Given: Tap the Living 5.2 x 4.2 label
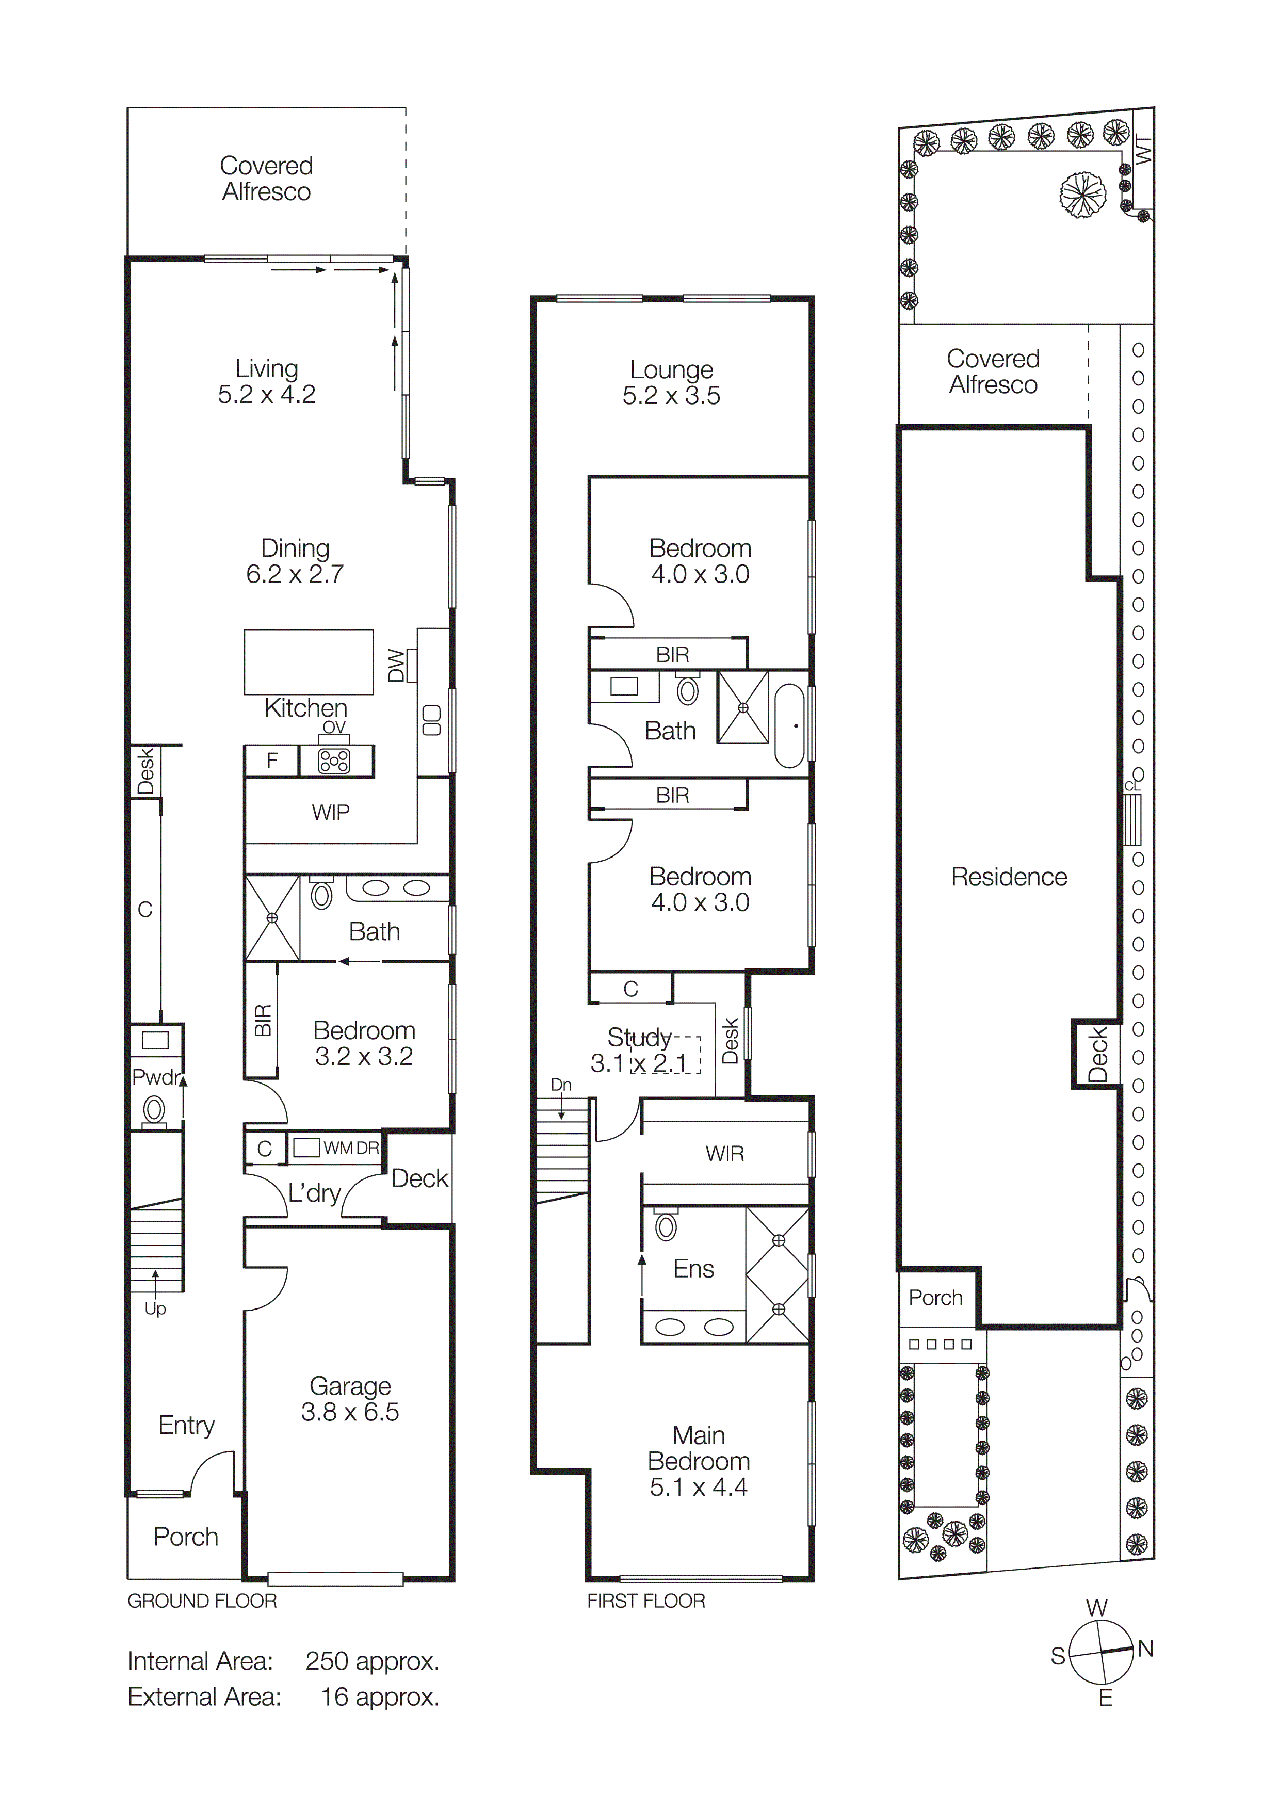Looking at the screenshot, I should click(x=266, y=381).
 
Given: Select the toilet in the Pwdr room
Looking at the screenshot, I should click(x=154, y=1111).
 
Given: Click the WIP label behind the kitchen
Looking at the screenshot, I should click(x=330, y=812).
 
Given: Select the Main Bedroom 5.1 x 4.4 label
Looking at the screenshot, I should click(x=698, y=1461).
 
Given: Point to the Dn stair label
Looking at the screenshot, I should click(x=561, y=1085).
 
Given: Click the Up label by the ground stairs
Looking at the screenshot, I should click(x=155, y=1308).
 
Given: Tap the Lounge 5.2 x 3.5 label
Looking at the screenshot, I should click(x=671, y=382).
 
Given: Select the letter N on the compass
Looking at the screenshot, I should click(x=1145, y=1649).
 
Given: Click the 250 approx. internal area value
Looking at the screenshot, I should click(x=372, y=1661).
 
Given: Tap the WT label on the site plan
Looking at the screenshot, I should click(x=1143, y=149).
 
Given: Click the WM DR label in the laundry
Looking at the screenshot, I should click(x=351, y=1148).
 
